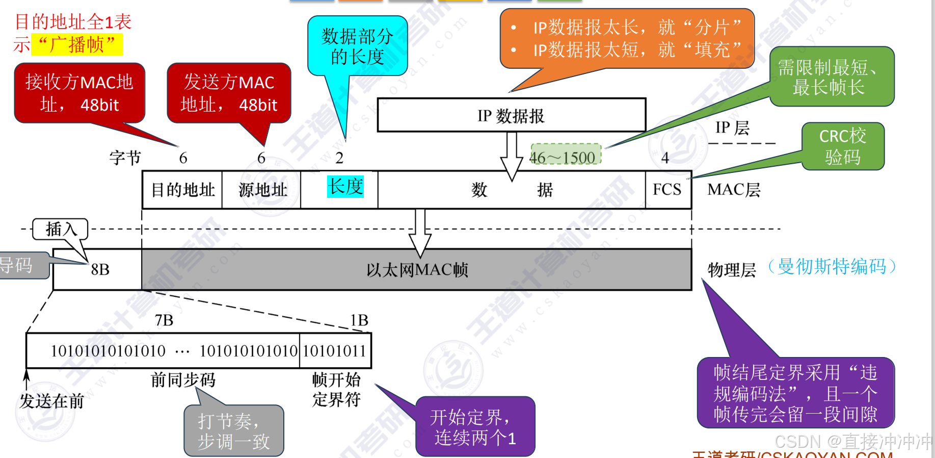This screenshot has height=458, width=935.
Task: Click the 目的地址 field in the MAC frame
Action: pos(182,190)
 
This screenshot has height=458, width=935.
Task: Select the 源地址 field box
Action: pos(262,190)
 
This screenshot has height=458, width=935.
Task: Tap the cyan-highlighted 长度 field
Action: pos(345,187)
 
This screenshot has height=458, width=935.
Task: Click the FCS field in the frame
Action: pos(667,190)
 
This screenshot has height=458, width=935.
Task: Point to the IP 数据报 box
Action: pos(511,115)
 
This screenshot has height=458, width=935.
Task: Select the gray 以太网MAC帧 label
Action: pos(417,270)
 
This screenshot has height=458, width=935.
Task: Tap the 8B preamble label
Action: pos(100,269)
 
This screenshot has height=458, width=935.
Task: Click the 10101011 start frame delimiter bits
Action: pos(335,351)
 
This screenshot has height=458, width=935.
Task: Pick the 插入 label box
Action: pos(60,229)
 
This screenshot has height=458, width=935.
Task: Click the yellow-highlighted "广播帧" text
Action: pos(77,45)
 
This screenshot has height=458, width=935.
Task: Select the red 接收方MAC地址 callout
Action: pos(79,93)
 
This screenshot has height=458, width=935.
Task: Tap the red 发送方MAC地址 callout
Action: pos(229,93)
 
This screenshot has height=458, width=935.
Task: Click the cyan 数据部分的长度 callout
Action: pos(357,46)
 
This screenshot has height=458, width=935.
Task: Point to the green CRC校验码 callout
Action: pos(843,146)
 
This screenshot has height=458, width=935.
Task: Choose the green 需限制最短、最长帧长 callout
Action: pos(831,77)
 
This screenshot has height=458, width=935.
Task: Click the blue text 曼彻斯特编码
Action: pos(832,266)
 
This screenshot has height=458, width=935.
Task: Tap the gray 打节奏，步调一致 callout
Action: pos(233,430)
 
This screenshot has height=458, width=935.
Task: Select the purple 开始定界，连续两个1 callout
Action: pos(475,427)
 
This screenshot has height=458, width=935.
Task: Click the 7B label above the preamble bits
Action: pos(164,320)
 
